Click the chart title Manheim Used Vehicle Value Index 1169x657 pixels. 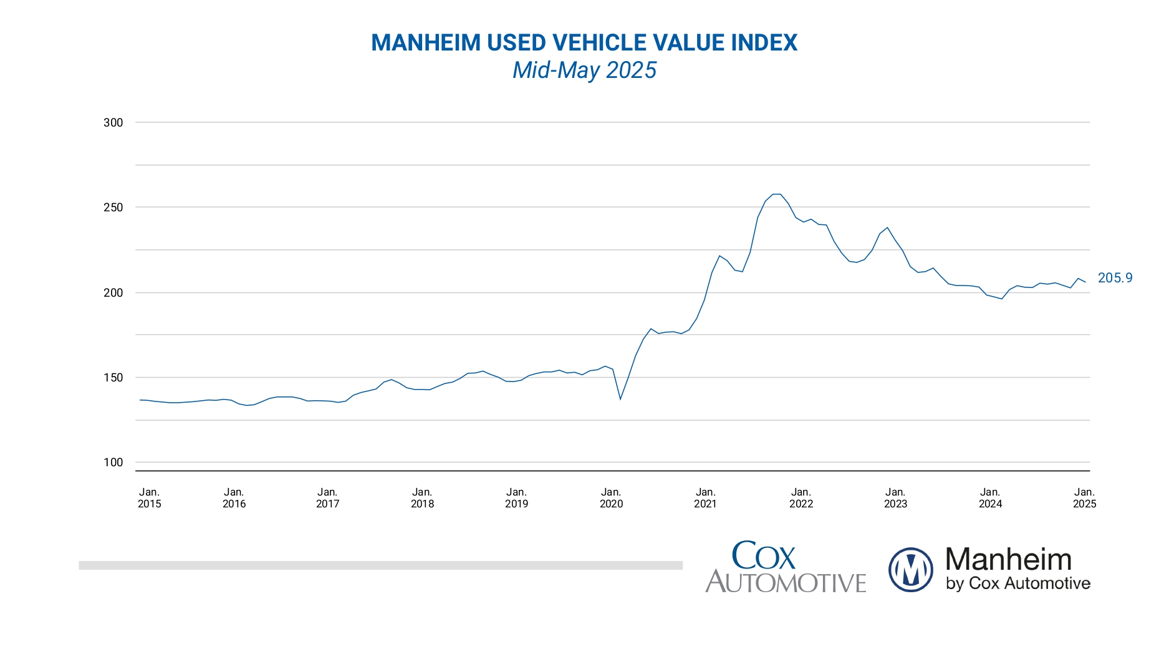[584, 43]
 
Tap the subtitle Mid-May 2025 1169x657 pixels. [584, 70]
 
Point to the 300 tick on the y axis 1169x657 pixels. [113, 123]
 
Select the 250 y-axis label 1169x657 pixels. [113, 208]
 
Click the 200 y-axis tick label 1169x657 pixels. [113, 293]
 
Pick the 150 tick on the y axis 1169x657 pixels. [113, 378]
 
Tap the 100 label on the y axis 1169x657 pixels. [113, 463]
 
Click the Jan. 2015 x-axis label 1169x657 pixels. [149, 498]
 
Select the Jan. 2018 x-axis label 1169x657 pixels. [422, 498]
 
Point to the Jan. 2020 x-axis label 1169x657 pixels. [611, 498]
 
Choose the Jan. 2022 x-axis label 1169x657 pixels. [801, 498]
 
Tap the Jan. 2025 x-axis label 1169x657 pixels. [1084, 498]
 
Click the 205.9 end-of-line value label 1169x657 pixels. [1115, 278]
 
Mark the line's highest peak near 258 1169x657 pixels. [776, 194]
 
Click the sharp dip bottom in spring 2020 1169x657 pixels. [620, 399]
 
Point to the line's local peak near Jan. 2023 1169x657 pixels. [887, 228]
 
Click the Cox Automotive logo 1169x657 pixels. [785, 567]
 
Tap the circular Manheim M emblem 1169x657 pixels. [910, 569]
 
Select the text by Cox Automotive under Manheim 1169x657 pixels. [1017, 583]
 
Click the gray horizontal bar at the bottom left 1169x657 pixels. [380, 565]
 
